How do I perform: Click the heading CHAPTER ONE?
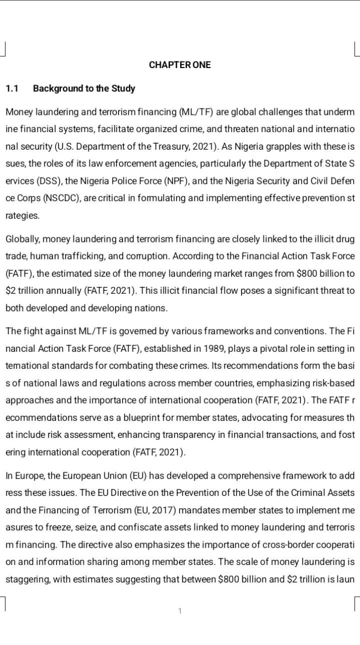[180, 65]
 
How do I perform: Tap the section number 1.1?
[12, 89]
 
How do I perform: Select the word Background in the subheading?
[53, 89]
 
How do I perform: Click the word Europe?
[30, 475]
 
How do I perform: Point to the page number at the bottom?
[180, 611]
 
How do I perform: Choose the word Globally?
[22, 239]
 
